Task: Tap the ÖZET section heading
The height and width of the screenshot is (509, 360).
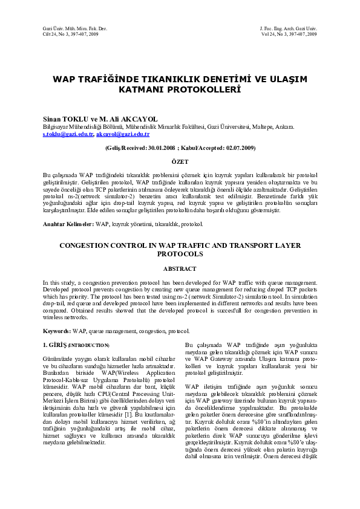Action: point(180,161)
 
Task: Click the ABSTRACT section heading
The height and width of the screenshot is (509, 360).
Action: point(180,268)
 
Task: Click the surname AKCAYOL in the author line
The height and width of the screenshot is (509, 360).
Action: point(139,120)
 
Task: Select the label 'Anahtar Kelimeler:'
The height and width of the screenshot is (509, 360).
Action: point(68,224)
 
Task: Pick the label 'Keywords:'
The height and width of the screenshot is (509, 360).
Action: point(57,331)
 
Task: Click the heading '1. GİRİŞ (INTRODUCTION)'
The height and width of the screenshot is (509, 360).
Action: point(76,345)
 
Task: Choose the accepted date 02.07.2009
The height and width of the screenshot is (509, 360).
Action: point(237,148)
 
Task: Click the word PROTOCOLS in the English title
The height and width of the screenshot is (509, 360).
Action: point(180,254)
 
